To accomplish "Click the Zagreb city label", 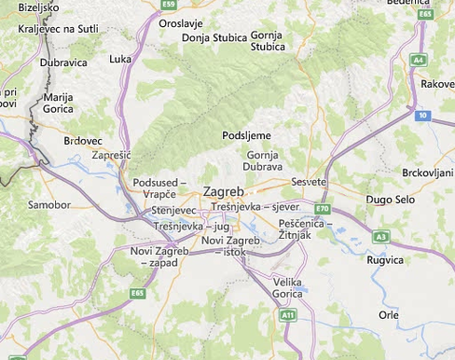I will tap(225, 191).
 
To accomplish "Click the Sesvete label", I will tap(309, 181).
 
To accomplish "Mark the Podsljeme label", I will tap(246, 135).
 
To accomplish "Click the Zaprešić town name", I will tap(112, 155).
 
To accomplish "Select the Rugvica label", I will tap(386, 259).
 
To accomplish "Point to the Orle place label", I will tap(389, 315).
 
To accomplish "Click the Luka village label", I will tap(120, 59).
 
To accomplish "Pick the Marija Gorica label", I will tap(58, 103).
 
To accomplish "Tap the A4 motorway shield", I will tap(419, 60).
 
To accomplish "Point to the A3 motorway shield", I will tap(380, 237).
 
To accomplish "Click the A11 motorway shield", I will tap(288, 316).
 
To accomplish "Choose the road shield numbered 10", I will tap(422, 115).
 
